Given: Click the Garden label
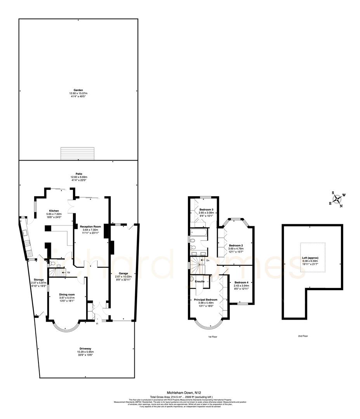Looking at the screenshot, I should pos(79,90).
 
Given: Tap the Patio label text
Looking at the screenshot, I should pos(79,174).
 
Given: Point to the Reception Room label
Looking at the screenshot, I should pos(90,226).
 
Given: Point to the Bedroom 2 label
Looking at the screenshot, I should pos(236,245).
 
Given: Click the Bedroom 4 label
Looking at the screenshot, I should pos(241,282).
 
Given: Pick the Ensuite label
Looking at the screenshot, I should pos(200,281).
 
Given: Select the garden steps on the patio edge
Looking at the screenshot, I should pos(78,153).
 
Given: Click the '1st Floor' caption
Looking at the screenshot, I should pos(212,337).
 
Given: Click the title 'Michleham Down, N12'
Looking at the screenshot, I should pos(180,393).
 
